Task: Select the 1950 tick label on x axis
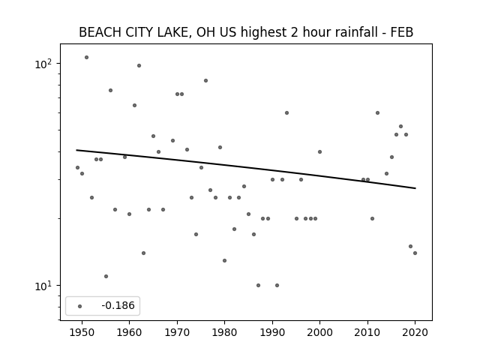pos(82,332)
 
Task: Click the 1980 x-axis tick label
pos(225,332)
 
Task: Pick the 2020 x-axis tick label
pos(415,332)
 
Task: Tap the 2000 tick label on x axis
pos(320,332)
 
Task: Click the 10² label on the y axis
pos(43,64)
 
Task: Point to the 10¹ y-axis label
pos(43,286)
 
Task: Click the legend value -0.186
pos(118,305)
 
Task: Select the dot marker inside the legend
pos(80,306)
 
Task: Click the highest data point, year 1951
pos(87,57)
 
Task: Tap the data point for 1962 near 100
pos(139,65)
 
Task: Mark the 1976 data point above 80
pos(205,80)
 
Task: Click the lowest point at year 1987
pos(258,285)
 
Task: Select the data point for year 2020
pos(415,253)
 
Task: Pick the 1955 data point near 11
pos(106,276)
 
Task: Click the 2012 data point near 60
pos(377,112)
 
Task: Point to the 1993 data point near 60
pos(286,112)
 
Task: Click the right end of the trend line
pos(415,188)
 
